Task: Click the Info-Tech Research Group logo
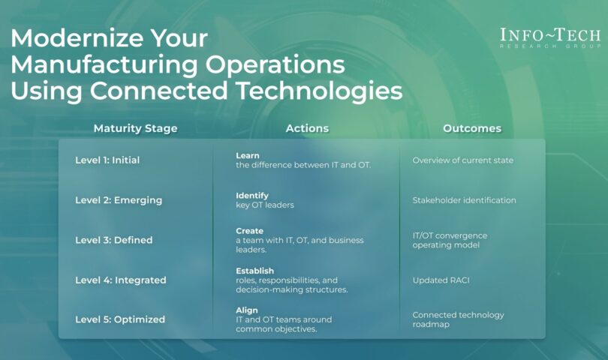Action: (550, 38)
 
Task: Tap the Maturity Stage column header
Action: (136, 128)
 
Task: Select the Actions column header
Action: (307, 128)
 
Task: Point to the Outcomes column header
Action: (472, 128)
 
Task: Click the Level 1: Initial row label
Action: (107, 160)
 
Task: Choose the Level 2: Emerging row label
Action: (119, 200)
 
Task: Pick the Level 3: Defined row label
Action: (114, 240)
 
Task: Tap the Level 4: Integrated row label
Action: (121, 280)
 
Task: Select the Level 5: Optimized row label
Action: (120, 319)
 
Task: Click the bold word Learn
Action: (248, 155)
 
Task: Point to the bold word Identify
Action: (252, 196)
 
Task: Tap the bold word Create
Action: (249, 231)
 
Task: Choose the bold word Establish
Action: (254, 271)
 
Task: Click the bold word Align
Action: (247, 310)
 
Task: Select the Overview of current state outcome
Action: (462, 160)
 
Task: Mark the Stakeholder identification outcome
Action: (464, 200)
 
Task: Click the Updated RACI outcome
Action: (441, 280)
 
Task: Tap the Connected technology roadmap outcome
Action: (458, 319)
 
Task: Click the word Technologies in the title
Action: (320, 91)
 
